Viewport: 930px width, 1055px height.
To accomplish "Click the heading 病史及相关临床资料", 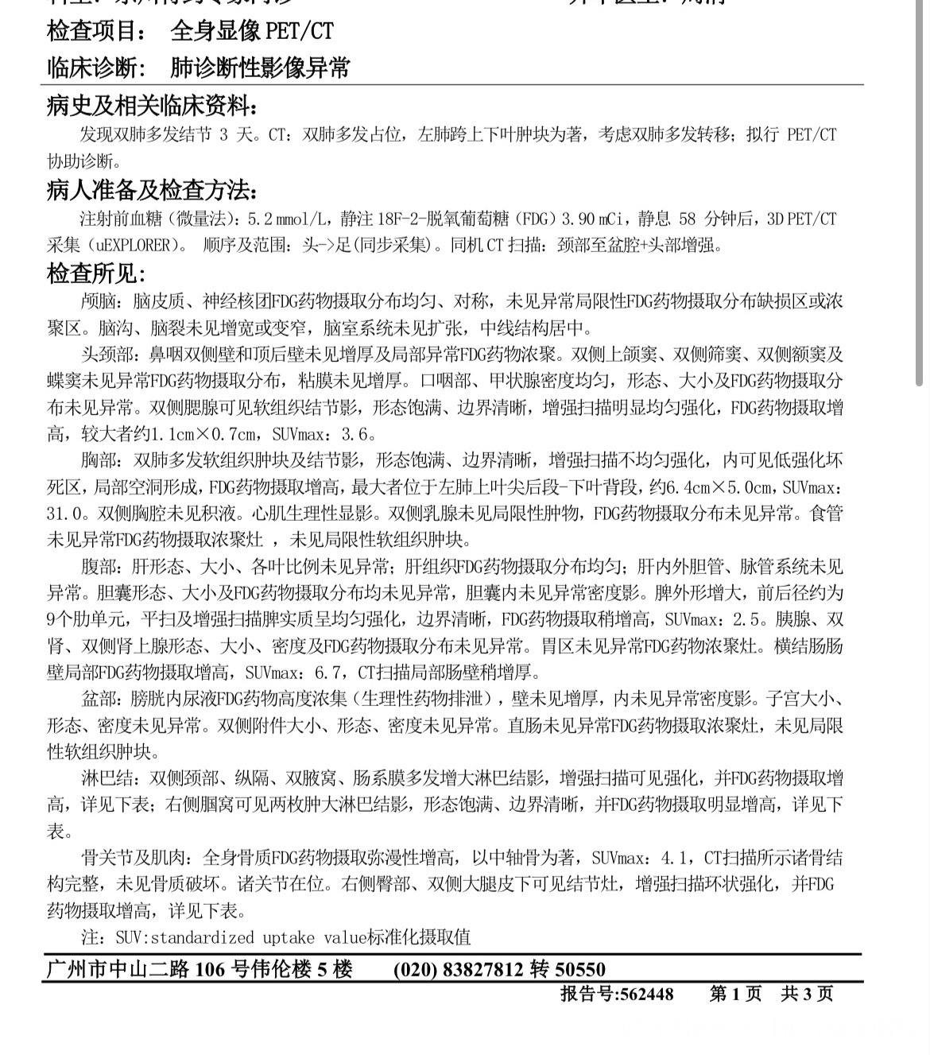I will pyautogui.click(x=152, y=105).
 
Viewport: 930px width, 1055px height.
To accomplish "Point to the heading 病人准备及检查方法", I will pyautogui.click(x=152, y=191).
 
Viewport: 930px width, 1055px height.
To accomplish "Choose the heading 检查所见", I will pyautogui.click(x=95, y=274).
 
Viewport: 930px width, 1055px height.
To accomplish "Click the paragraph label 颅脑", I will pyautogui.click(x=102, y=302).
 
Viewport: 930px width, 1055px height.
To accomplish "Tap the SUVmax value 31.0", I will pyautogui.click(x=64, y=514).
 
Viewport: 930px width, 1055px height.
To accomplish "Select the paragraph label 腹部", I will pyautogui.click(x=102, y=568).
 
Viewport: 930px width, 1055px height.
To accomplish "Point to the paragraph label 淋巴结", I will pyautogui.click(x=109, y=778).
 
